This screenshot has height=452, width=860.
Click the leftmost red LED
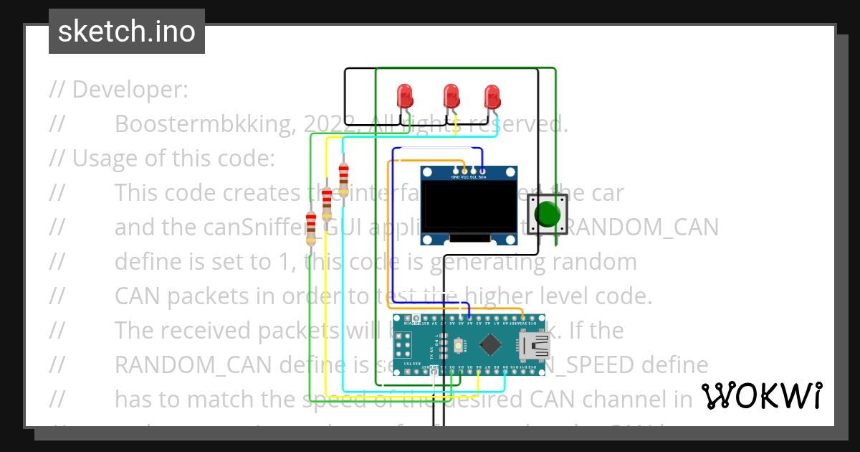point(405,95)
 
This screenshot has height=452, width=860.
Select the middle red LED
point(451,95)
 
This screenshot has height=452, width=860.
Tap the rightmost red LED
point(492,96)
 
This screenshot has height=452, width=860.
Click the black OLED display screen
point(468,209)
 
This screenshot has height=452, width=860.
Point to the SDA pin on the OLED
point(483,172)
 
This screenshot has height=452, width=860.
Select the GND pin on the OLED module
point(454,172)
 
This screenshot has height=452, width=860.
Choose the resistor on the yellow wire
point(328,204)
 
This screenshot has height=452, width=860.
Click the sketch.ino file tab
point(127,32)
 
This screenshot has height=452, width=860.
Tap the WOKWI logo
point(761,395)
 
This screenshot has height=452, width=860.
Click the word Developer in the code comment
point(129,90)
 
